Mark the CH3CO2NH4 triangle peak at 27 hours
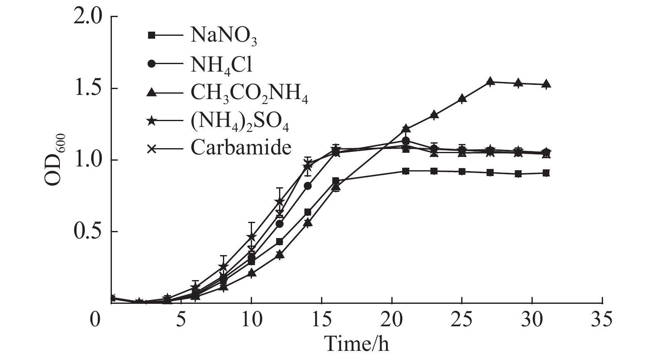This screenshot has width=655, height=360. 490,81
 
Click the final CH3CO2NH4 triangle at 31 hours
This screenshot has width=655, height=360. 546,84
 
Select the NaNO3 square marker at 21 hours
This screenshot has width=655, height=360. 406,171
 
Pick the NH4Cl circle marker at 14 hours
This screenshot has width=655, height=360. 308,186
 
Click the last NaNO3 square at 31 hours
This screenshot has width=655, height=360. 546,173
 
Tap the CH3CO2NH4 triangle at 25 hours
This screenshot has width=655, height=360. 462,99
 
